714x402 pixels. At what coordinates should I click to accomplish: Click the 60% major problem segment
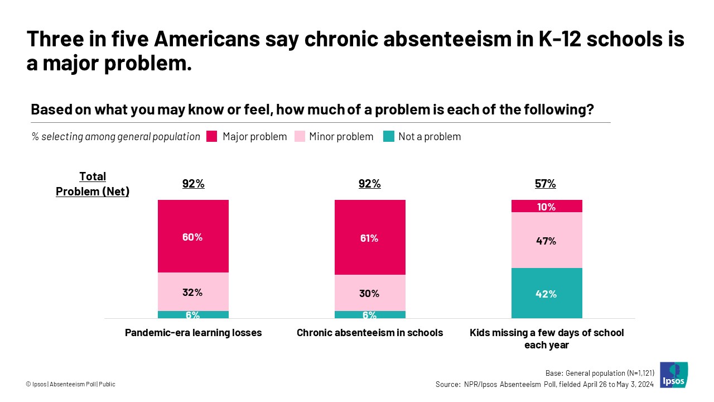[193, 236]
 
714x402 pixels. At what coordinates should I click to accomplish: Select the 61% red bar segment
[369, 237]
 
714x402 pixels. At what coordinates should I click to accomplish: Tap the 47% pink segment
[546, 241]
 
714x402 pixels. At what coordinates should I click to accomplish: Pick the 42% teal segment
[546, 293]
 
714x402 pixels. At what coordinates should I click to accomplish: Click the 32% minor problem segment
[193, 291]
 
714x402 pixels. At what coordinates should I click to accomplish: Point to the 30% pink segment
[369, 293]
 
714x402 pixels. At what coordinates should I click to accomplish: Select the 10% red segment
[546, 206]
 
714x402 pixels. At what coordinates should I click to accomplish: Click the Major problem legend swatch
[211, 136]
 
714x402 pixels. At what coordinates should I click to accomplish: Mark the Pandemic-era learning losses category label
[193, 333]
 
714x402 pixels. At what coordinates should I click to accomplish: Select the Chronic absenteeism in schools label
[369, 333]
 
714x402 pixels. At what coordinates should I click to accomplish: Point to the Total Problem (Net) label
[93, 184]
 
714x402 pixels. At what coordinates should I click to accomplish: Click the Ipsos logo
[673, 375]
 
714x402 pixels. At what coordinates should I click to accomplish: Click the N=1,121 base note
[600, 373]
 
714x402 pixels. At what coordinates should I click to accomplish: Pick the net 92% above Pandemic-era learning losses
[193, 184]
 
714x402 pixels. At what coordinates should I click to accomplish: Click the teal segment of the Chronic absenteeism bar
[369, 315]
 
